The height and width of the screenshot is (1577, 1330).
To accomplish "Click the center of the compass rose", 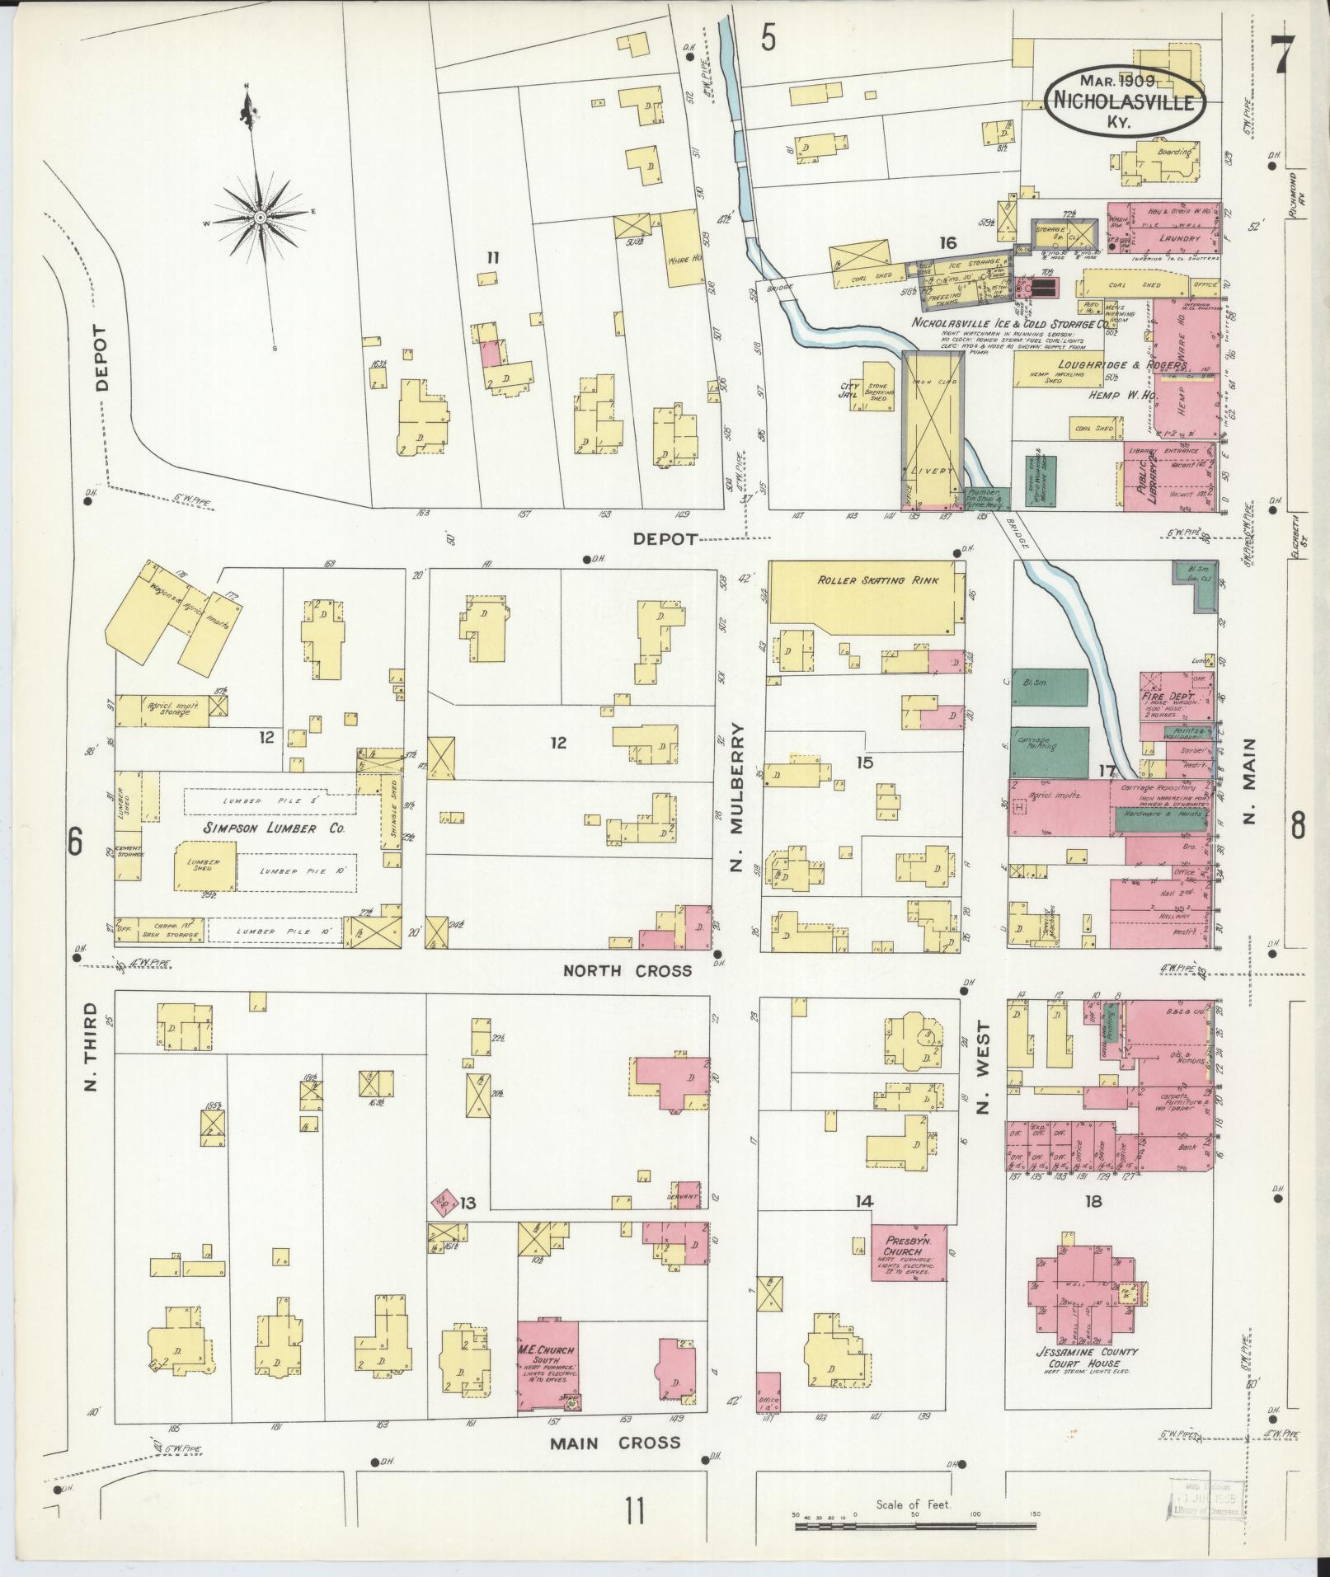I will tap(260, 217).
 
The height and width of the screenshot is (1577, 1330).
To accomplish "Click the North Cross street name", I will tap(627, 970).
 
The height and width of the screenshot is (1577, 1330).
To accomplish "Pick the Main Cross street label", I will tap(615, 1443).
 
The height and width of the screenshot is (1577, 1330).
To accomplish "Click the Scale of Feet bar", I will tap(915, 1526).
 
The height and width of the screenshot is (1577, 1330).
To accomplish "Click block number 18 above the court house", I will tap(1093, 1202).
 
